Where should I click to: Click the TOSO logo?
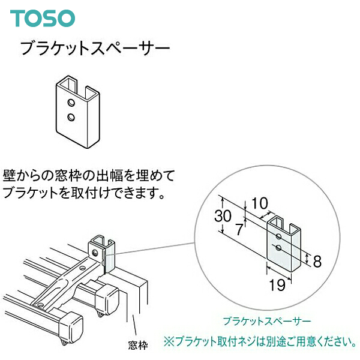point(43,17)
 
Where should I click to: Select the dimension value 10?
point(260,204)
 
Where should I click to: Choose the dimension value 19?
point(277,287)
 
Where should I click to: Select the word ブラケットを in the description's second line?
point(41,194)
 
